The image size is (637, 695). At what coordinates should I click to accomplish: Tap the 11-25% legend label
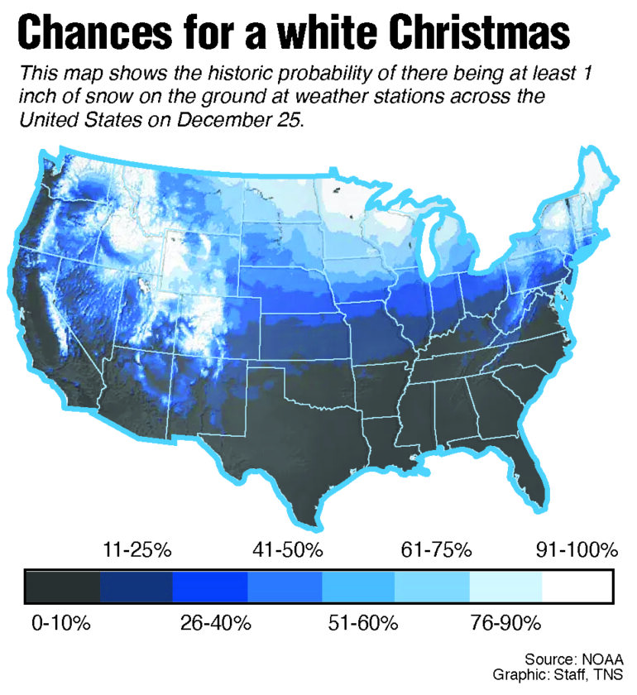click(x=136, y=549)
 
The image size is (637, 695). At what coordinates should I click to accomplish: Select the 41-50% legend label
click(x=287, y=549)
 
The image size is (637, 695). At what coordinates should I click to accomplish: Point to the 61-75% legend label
click(x=436, y=549)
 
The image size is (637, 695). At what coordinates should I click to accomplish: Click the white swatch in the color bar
click(x=577, y=586)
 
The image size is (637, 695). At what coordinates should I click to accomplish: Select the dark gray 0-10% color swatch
click(x=64, y=586)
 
